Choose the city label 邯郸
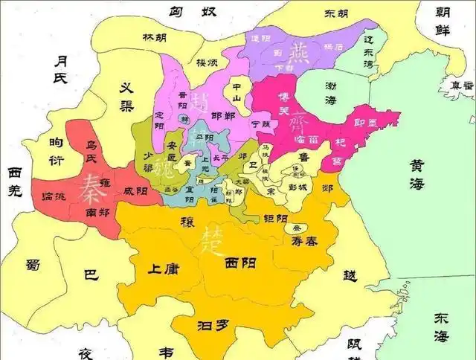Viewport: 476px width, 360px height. coord(223,116)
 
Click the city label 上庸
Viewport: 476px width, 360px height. coord(163,269)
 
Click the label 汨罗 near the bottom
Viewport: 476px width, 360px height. coord(211,326)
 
